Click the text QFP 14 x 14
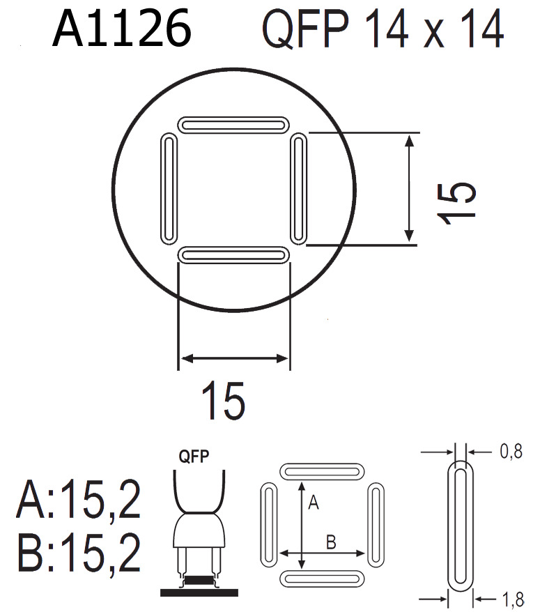click(x=382, y=31)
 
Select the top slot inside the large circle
click(x=233, y=125)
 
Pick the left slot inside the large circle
click(x=169, y=190)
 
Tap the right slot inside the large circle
click(x=298, y=190)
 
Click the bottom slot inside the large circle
click(x=233, y=255)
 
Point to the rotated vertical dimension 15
click(x=457, y=202)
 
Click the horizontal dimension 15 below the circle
click(x=223, y=401)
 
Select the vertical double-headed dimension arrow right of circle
click(x=410, y=188)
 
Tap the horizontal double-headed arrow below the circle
click(x=233, y=358)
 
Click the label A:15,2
click(x=79, y=500)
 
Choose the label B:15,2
click(x=79, y=554)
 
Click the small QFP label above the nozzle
click(x=196, y=457)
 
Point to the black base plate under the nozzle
click(x=199, y=592)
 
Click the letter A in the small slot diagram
click(x=313, y=503)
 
